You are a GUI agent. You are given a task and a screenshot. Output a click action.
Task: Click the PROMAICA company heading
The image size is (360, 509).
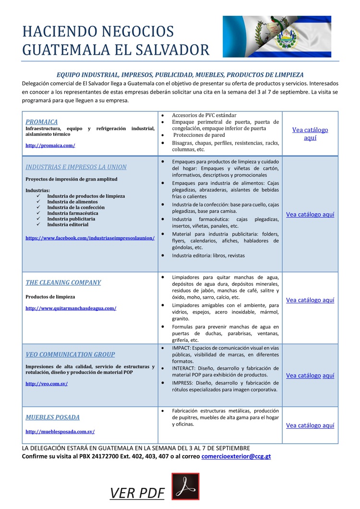tap(42, 122)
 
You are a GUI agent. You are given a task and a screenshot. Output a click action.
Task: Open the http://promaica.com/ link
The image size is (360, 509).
tap(50, 145)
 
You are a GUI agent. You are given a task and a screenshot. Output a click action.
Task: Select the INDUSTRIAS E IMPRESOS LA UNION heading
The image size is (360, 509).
tap(76, 167)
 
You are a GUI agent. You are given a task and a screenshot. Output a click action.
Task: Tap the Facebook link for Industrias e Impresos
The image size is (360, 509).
tap(90, 238)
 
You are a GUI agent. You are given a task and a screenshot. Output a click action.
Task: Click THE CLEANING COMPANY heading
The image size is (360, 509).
tap(63, 282)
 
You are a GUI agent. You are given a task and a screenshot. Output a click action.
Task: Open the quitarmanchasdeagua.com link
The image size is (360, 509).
tap(71, 308)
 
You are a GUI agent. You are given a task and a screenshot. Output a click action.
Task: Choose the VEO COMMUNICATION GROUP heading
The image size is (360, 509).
tap(70, 354)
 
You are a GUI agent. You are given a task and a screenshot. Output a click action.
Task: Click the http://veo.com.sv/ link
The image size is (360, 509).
tap(47, 384)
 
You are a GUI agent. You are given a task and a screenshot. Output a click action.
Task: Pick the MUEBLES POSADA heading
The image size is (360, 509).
tap(53, 417)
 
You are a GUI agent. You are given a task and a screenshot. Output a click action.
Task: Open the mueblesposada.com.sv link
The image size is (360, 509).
tap(60, 432)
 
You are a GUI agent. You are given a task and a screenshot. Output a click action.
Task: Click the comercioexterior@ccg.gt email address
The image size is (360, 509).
tap(236, 456)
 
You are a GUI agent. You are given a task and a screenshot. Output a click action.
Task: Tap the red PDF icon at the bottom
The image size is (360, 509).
tap(185, 486)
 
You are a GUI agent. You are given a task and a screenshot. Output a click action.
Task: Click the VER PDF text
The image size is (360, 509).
tap(137, 493)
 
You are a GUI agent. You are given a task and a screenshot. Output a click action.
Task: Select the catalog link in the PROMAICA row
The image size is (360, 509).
tap(310, 133)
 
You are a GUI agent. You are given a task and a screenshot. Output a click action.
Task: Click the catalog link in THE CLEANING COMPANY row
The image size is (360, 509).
tap(310, 300)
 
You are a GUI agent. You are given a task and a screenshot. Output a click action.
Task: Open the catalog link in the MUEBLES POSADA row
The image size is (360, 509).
tap(310, 425)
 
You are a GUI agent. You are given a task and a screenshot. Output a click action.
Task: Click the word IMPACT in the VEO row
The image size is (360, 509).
tap(182, 348)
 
